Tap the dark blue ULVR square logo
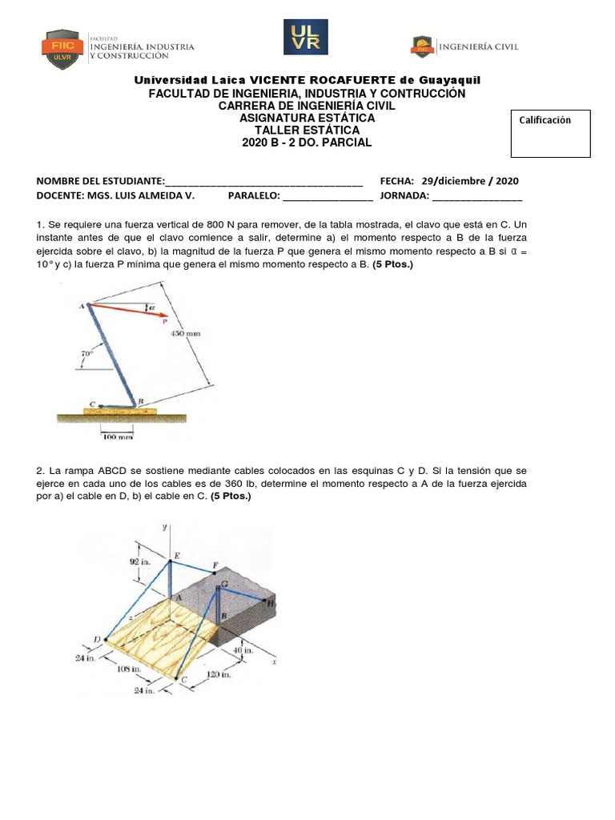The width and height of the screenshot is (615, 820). [x=307, y=38]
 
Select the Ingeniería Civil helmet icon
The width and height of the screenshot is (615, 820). [x=422, y=46]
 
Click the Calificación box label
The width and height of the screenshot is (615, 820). [x=545, y=120]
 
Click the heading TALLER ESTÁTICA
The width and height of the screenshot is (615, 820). [x=307, y=130]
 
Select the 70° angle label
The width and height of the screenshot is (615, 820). [x=86, y=352]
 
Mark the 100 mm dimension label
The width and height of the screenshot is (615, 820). [x=117, y=437]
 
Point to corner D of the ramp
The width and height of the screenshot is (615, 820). [x=97, y=638]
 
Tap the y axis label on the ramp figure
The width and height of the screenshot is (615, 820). [x=163, y=527]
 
